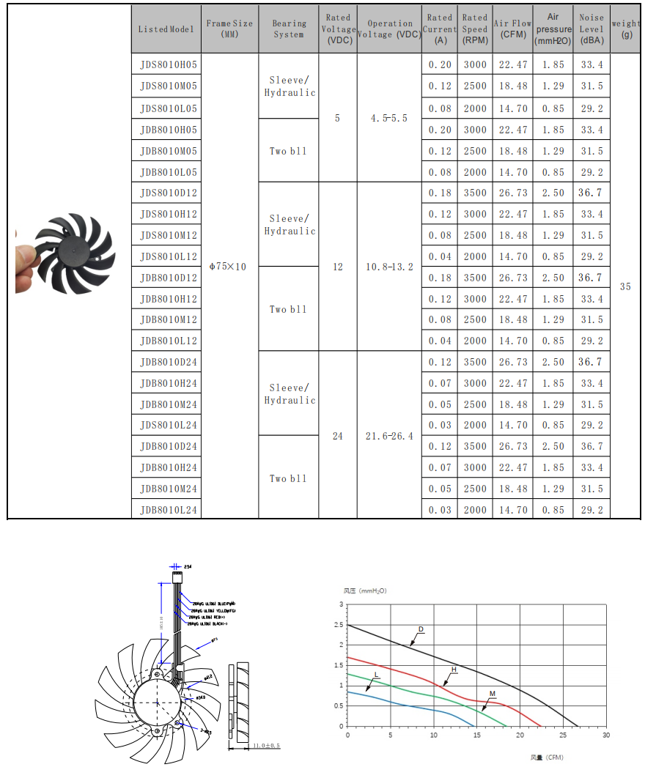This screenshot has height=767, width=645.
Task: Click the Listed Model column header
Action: [166, 29]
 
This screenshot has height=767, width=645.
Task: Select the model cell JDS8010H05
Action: [169, 64]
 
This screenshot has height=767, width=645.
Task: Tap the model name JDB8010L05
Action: [169, 172]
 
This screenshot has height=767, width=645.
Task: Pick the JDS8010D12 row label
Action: [169, 193]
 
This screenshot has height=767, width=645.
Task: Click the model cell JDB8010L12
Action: [169, 341]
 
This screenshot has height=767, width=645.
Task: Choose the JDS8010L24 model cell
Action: [169, 425]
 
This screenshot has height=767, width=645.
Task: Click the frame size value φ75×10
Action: [228, 267]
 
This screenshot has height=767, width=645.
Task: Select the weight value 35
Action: [625, 286]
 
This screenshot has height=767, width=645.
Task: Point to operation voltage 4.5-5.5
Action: [388, 118]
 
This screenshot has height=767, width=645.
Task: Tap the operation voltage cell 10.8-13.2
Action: [389, 267]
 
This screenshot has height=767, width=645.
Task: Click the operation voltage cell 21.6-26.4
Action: [389, 436]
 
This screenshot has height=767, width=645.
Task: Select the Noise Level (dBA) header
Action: [591, 29]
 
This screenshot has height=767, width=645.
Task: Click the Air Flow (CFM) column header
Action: [513, 29]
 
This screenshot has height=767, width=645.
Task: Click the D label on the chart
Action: [421, 629]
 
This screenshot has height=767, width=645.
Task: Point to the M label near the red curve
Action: [493, 693]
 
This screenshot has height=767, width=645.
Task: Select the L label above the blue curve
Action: [376, 674]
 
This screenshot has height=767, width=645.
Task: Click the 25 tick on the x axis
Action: [563, 735]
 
